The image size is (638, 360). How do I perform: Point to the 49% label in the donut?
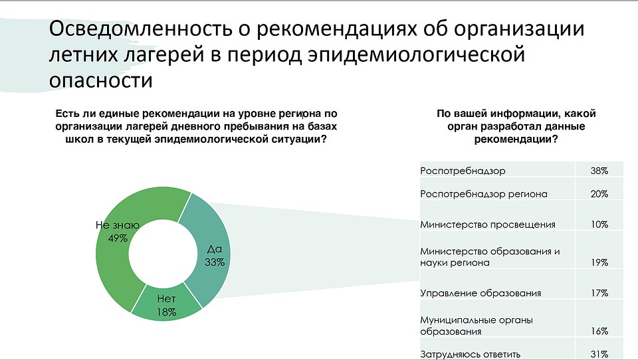click(118, 238)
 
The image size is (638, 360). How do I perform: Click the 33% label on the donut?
click(215, 262)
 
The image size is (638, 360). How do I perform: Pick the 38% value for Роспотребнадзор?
click(599, 171)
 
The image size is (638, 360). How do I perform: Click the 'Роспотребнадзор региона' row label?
click(484, 194)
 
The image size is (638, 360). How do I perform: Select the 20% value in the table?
click(599, 194)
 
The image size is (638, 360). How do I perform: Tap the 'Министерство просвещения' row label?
click(487, 225)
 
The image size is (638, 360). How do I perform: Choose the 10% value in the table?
click(599, 225)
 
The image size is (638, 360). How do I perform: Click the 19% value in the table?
click(599, 263)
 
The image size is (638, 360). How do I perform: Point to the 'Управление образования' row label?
click(480, 294)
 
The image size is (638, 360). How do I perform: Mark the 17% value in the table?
click(599, 294)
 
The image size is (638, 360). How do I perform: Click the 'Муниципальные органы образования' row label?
click(477, 326)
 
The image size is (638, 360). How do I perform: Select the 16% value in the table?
click(599, 331)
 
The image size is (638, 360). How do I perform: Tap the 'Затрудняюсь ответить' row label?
click(470, 354)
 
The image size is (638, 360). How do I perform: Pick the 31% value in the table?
click(599, 355)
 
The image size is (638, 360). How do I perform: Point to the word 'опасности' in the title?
click(100, 80)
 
